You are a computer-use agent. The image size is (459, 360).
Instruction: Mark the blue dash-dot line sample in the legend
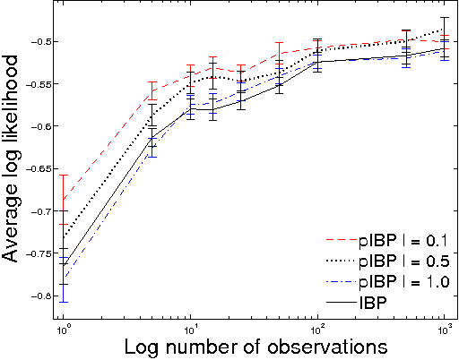click(336, 282)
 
